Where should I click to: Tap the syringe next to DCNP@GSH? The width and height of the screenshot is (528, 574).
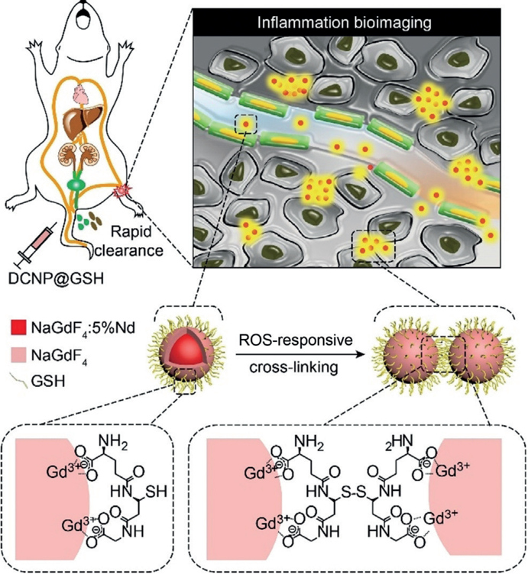pos(32,243)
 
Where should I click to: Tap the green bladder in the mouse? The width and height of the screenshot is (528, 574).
pos(77,184)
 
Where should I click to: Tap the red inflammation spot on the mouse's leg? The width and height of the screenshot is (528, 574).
pos(123,194)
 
